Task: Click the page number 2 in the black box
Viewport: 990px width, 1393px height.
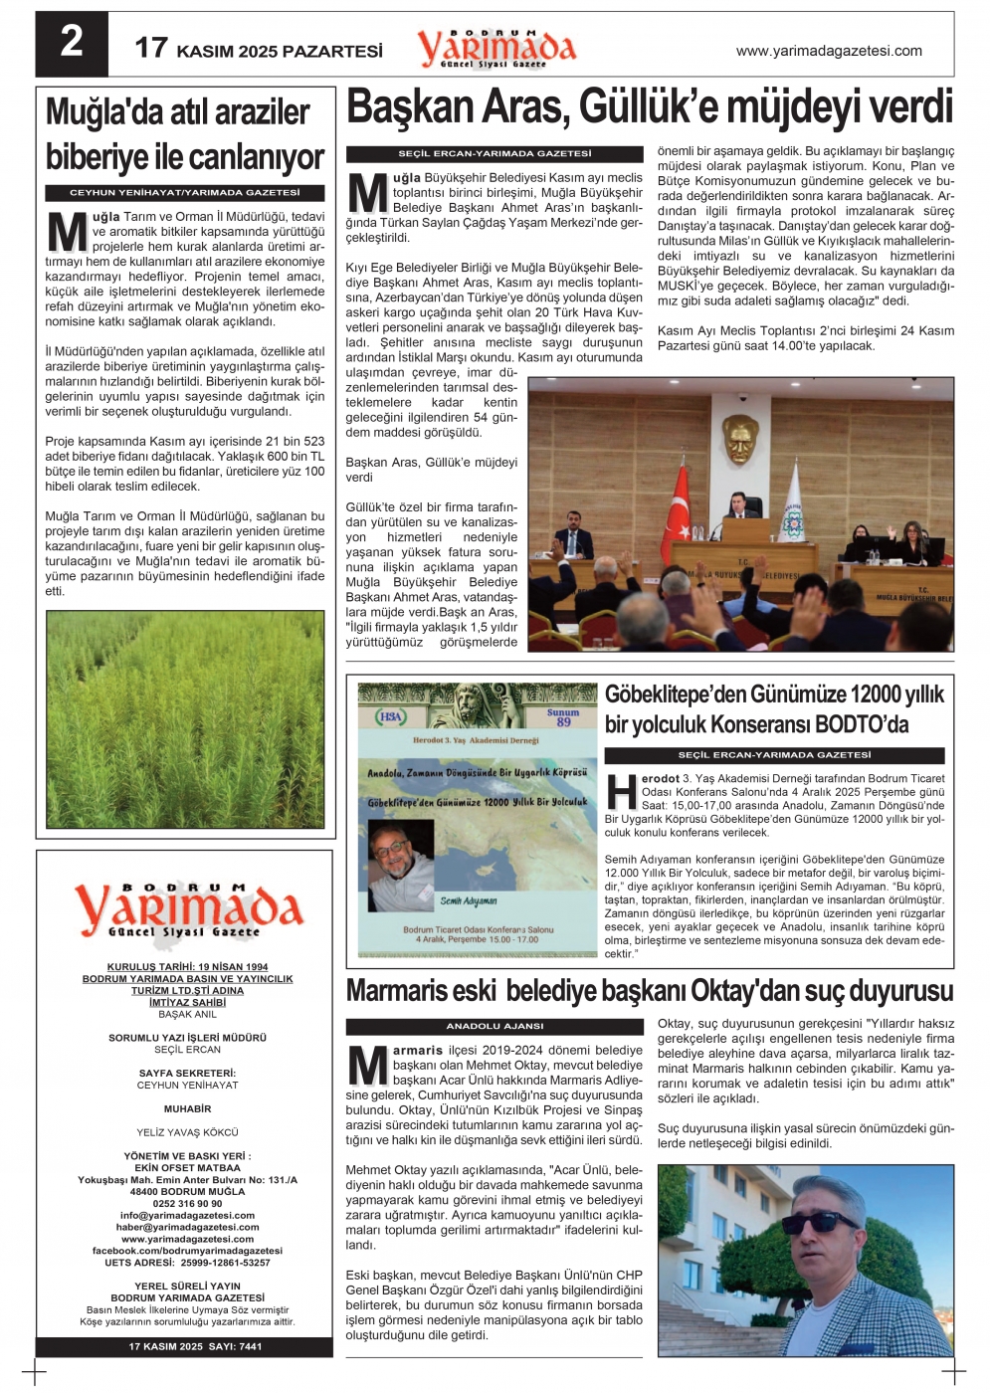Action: click(72, 43)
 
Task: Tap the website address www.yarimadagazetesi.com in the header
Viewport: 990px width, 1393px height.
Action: click(829, 51)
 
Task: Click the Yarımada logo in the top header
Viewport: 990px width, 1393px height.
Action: click(496, 48)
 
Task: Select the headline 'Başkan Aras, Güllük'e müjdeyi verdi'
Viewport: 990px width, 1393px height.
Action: click(649, 107)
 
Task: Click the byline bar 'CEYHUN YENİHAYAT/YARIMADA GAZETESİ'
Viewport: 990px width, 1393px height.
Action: click(185, 192)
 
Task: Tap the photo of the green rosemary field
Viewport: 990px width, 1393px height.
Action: click(185, 718)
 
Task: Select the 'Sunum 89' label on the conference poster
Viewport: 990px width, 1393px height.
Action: click(563, 717)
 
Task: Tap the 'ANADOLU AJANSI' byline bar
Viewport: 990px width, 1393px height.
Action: click(495, 1026)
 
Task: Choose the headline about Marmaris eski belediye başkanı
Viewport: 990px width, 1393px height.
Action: click(649, 990)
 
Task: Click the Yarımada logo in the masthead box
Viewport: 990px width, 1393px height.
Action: click(188, 909)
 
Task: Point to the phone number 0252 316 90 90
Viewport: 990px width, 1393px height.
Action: click(187, 1203)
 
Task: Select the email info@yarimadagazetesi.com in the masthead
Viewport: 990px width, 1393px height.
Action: click(187, 1215)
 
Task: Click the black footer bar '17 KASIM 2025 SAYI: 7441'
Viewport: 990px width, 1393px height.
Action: click(195, 1346)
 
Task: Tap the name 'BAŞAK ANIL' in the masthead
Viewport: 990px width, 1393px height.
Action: click(187, 1015)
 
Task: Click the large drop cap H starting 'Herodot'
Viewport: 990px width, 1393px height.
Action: click(622, 792)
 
